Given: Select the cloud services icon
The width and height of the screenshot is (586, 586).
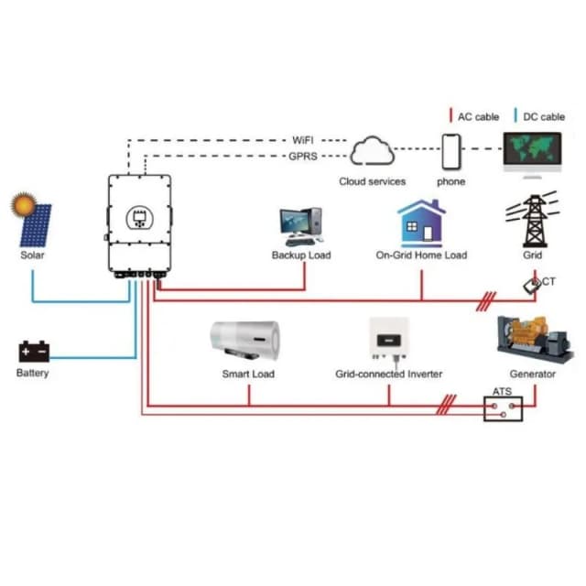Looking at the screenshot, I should pyautogui.click(x=372, y=151).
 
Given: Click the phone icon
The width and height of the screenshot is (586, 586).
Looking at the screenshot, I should pyautogui.click(x=450, y=151).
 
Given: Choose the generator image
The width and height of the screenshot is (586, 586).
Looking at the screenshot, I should pyautogui.click(x=533, y=340).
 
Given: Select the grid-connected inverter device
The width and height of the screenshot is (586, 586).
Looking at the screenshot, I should pyautogui.click(x=388, y=340).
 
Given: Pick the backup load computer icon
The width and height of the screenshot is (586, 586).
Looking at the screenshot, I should pyautogui.click(x=300, y=225).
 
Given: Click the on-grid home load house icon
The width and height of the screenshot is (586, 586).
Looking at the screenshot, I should pyautogui.click(x=421, y=222).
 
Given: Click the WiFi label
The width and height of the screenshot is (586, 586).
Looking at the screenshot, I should pyautogui.click(x=303, y=140).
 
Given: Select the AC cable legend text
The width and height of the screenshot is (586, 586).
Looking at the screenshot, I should pyautogui.click(x=478, y=116).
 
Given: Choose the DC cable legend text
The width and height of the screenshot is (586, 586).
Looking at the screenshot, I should pyautogui.click(x=545, y=116).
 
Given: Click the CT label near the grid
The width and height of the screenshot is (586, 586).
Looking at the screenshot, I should pyautogui.click(x=548, y=282).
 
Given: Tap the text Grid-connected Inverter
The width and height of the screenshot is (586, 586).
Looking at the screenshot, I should pyautogui.click(x=388, y=374).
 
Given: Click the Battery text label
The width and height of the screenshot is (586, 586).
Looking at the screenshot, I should pyautogui.click(x=33, y=373).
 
